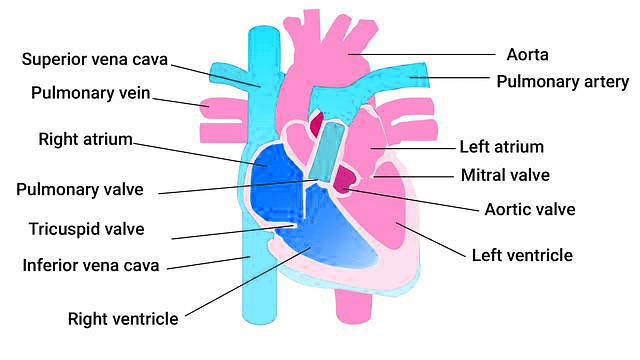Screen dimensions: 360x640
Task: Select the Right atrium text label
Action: [x=85, y=139]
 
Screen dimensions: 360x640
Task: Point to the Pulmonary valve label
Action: [x=81, y=189]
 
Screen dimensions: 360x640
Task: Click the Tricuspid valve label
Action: [x=86, y=229]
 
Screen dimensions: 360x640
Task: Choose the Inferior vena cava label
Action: [x=91, y=266]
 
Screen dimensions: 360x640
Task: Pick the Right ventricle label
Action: [x=123, y=319]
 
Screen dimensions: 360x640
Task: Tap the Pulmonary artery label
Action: [x=563, y=81]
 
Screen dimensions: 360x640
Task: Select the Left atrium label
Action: [x=501, y=147]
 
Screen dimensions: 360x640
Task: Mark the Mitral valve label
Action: [x=504, y=176]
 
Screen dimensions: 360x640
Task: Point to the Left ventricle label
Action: [x=521, y=256]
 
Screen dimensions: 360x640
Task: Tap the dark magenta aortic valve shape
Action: [x=344, y=179]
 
